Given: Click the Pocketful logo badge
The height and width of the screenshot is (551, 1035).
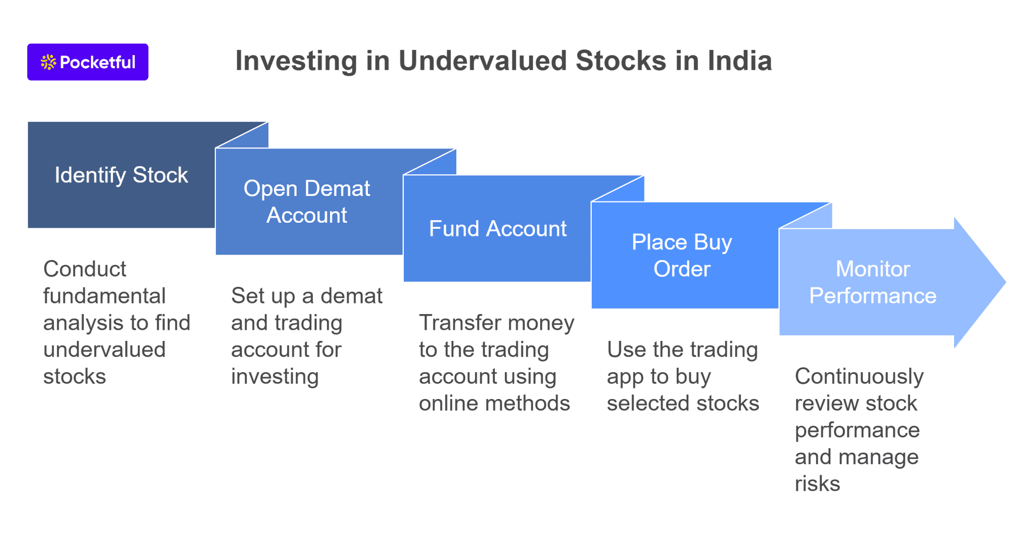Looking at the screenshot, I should click(87, 62).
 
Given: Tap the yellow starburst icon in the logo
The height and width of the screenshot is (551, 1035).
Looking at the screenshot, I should click(48, 62).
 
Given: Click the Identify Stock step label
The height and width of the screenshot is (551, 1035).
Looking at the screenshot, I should click(121, 175).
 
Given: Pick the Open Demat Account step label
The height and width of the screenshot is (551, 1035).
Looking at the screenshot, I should click(307, 202).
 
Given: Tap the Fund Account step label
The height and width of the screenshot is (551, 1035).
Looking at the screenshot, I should click(497, 229).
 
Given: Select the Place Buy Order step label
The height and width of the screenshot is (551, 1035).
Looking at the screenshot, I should click(682, 256).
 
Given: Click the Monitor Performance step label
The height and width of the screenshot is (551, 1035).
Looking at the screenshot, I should click(873, 282).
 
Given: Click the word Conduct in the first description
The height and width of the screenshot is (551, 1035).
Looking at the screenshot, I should click(85, 269).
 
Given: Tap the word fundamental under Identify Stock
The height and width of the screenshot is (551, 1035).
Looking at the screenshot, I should click(104, 296).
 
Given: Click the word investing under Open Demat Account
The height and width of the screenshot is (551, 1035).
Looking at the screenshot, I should click(275, 377).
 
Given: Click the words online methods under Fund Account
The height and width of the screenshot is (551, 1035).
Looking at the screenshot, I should click(494, 404).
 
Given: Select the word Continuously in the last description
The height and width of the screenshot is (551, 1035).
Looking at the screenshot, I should click(859, 377).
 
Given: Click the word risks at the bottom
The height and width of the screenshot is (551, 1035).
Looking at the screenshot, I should click(817, 484).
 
